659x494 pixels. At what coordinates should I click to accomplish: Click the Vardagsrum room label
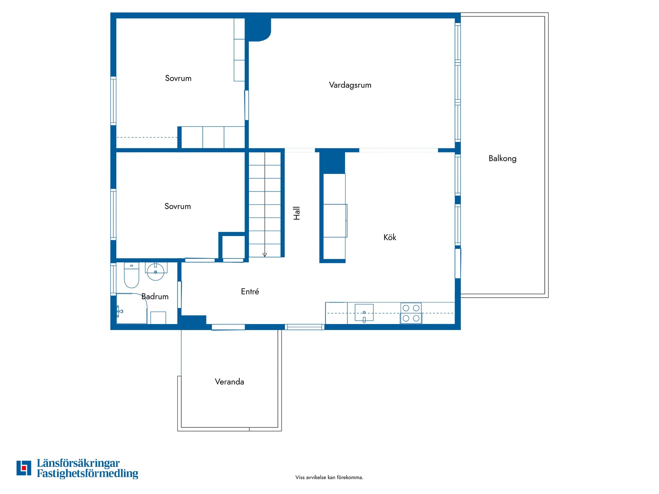[350, 85]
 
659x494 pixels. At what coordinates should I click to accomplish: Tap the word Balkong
[502, 158]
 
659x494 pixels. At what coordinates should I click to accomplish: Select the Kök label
[389, 237]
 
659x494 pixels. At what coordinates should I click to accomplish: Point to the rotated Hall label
[296, 213]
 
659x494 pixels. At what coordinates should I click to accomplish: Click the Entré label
[250, 292]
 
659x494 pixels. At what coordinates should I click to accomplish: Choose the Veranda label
[229, 382]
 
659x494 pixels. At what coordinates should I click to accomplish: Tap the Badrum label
[155, 296]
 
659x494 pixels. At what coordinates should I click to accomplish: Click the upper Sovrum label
[178, 78]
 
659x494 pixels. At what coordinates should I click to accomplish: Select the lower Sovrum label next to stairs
[177, 206]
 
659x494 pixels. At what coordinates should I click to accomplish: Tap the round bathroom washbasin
[155, 272]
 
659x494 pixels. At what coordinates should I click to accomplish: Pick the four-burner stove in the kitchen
[411, 313]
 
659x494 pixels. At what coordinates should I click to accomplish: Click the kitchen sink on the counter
[364, 312]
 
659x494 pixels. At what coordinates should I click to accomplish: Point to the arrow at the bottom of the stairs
[264, 255]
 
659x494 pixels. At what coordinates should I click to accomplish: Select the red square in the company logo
[24, 468]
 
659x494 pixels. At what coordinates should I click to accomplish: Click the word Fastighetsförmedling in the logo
[87, 474]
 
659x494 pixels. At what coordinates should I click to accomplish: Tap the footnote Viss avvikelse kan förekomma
[329, 477]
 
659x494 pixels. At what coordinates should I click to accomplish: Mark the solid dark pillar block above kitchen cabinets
[332, 162]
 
